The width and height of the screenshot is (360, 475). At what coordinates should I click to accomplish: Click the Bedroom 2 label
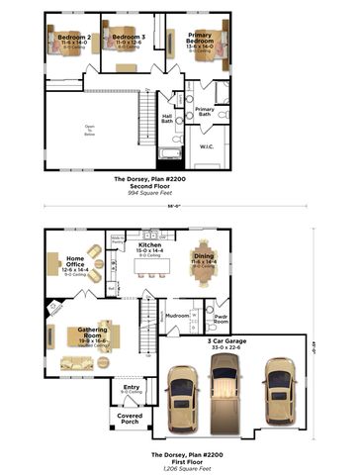(x=76, y=37)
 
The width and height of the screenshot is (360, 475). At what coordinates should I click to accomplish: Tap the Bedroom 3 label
(x=128, y=37)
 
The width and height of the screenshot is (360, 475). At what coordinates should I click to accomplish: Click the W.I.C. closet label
(x=206, y=146)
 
